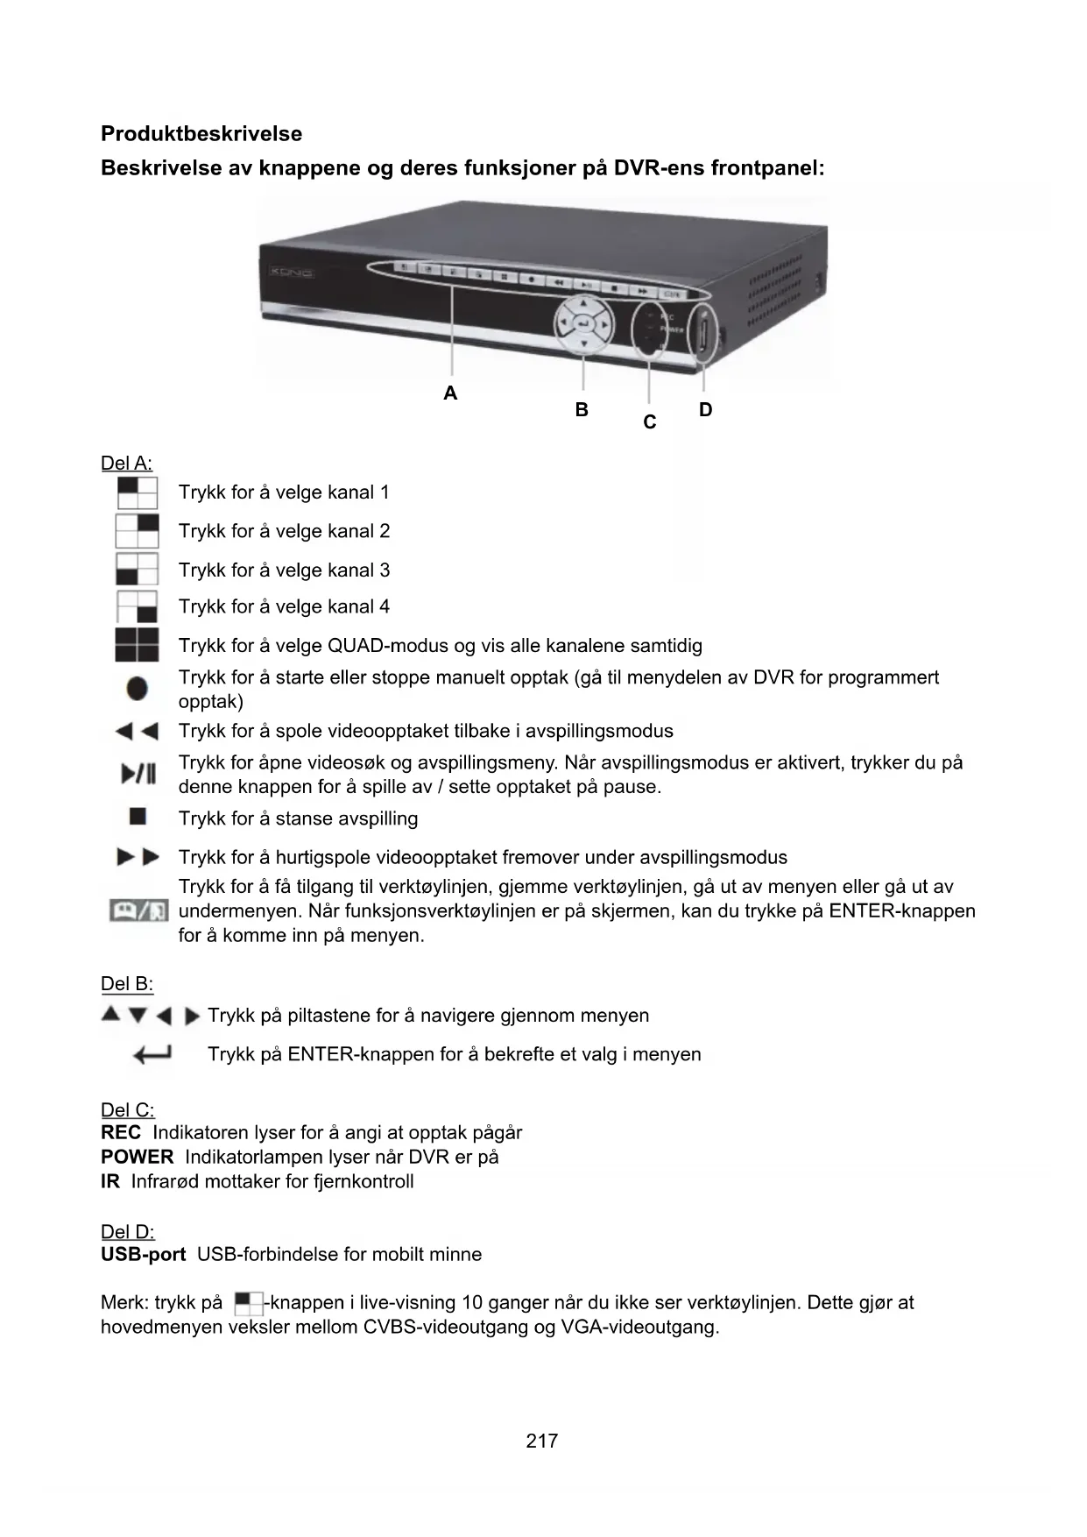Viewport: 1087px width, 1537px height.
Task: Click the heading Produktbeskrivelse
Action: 201,134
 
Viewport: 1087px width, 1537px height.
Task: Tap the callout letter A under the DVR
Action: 450,393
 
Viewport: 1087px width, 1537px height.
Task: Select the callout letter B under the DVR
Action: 582,410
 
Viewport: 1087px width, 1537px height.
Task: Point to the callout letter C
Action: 650,422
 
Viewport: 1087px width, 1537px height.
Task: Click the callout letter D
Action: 706,410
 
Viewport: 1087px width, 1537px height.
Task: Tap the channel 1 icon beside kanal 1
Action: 138,492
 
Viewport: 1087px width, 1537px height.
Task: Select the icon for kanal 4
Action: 138,607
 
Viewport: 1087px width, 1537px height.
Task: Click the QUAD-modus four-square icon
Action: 138,646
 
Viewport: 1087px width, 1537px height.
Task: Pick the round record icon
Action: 138,689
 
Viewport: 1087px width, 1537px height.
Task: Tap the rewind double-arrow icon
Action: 138,731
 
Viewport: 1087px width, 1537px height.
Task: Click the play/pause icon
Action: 138,775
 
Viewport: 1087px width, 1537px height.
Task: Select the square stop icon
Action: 138,818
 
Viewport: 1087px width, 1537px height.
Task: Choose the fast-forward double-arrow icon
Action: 138,857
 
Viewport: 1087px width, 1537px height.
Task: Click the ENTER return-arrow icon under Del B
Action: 152,1054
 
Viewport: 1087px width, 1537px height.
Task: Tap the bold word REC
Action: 121,1133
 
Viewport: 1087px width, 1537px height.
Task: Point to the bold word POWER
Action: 138,1158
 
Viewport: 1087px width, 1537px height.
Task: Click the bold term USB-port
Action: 144,1255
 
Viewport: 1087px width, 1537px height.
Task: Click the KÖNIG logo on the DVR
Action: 288,273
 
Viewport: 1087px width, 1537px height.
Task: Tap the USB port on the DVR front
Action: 702,336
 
